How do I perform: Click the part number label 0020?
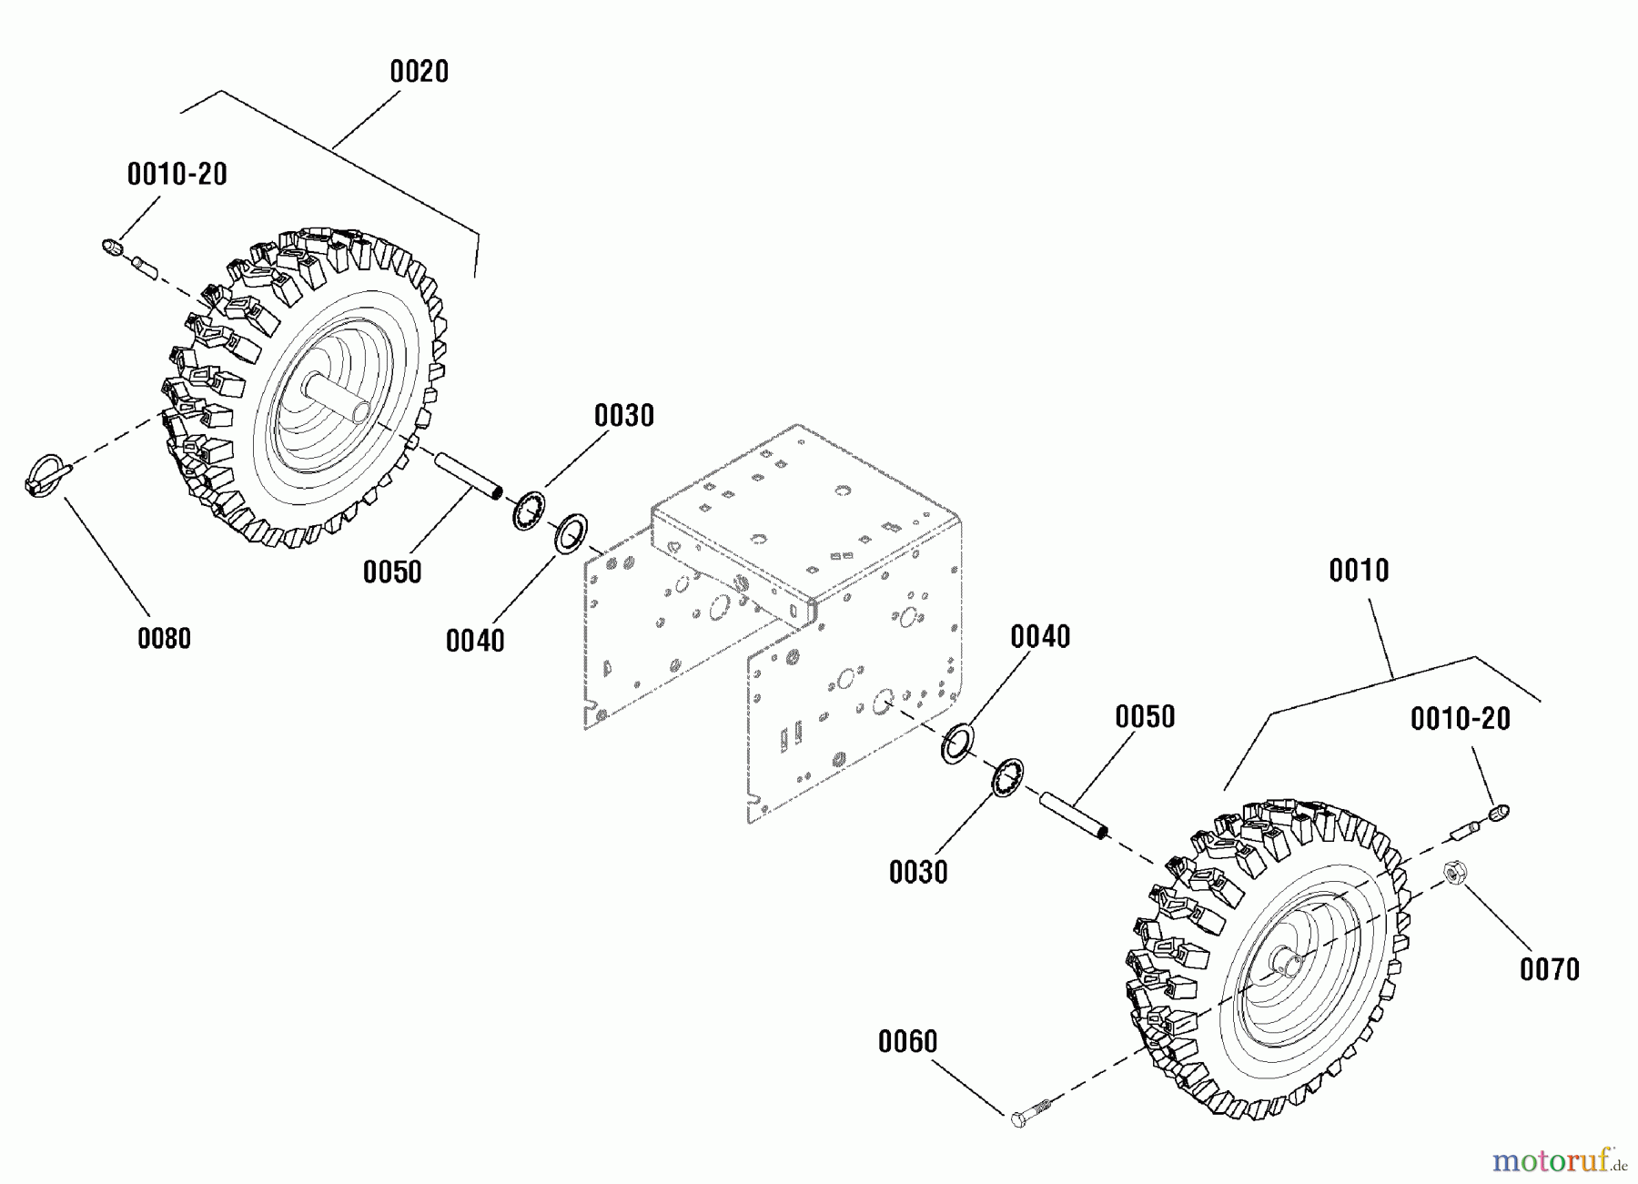point(419,72)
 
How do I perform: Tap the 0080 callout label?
point(164,638)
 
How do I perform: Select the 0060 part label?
point(907,1041)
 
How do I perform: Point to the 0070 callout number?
point(1549,969)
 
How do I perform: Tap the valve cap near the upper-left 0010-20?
point(111,247)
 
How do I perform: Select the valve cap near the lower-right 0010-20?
point(1499,811)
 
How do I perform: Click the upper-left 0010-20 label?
point(177,175)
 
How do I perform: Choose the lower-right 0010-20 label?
point(1460,719)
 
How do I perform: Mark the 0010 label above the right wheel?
point(1359,571)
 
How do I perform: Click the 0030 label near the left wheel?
point(623,416)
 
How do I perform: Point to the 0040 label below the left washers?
point(474,641)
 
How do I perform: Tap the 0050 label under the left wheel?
point(391,572)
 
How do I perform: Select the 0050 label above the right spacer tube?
point(1145,717)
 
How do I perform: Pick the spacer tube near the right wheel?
point(1075,815)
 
